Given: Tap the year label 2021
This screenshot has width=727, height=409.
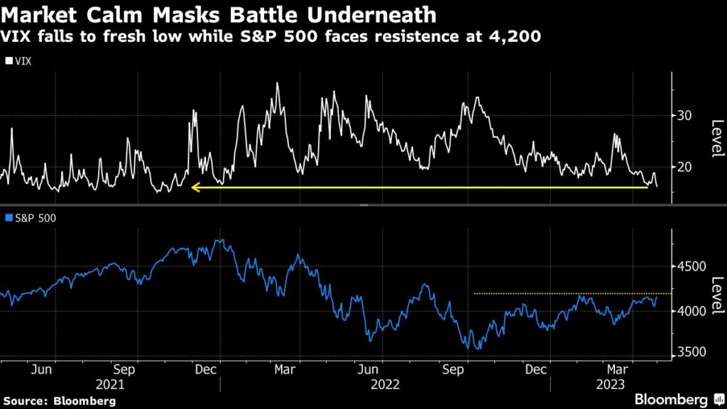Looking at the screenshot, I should point(110,384).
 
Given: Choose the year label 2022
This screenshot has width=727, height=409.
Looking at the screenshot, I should point(385,384).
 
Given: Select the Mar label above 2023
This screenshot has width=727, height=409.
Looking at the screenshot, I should point(613,370).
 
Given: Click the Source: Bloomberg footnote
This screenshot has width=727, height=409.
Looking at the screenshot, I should point(59,401).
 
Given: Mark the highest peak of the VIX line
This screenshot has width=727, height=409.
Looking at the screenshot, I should point(277,84).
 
